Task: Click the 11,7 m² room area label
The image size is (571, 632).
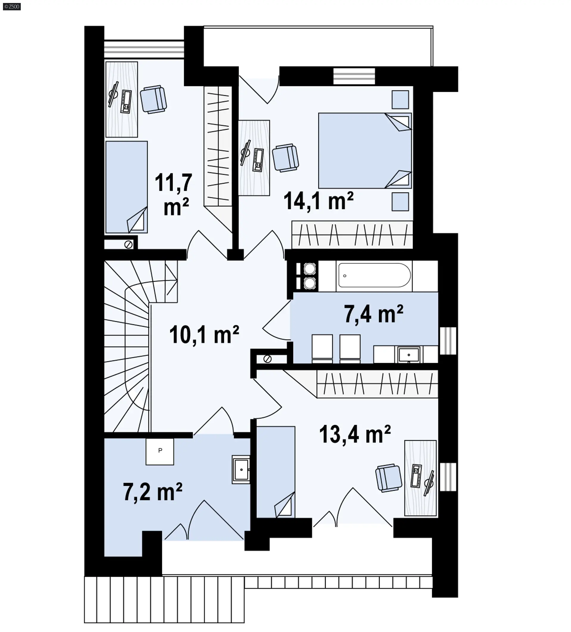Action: [x=173, y=194]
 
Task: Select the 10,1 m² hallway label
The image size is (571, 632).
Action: [x=204, y=335]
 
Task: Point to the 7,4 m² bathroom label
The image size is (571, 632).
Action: [x=374, y=314]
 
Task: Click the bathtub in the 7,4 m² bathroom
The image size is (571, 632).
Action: [x=374, y=275]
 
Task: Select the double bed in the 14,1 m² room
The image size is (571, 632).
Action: [x=365, y=150]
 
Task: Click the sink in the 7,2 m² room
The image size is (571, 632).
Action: [x=241, y=469]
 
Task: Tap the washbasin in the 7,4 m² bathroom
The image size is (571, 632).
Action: [x=409, y=354]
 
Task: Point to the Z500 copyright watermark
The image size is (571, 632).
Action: [x=12, y=6]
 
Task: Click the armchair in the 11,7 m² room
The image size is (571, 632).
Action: [x=153, y=99]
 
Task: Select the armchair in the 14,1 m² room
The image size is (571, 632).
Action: [x=285, y=158]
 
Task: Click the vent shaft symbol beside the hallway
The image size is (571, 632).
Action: [x=267, y=359]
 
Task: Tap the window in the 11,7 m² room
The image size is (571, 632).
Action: [x=144, y=49]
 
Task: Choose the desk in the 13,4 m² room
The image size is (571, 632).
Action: [x=421, y=478]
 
